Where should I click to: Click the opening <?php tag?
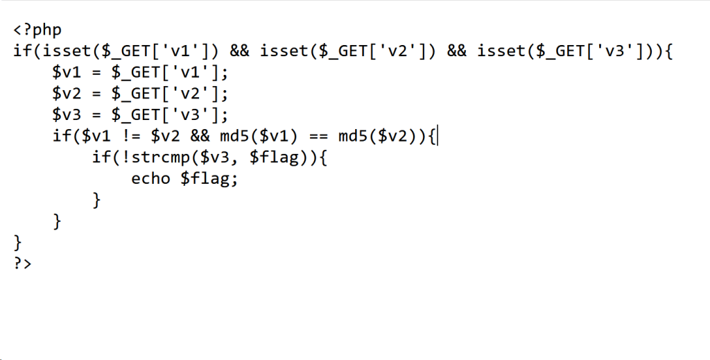(x=37, y=31)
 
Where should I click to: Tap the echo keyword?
(x=151, y=179)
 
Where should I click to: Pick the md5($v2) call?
(x=379, y=136)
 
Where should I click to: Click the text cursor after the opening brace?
(x=438, y=136)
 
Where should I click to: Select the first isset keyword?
(x=53, y=51)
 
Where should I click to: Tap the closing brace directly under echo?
(x=97, y=200)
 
